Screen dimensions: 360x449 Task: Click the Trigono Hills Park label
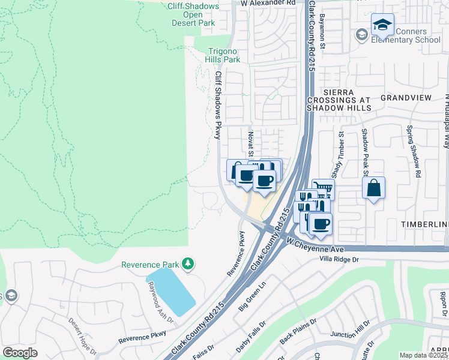(x=223, y=55)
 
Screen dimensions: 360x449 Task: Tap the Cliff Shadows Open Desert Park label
(x=192, y=13)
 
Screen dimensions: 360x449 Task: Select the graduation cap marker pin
(x=382, y=25)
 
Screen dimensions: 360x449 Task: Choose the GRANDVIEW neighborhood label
(x=406, y=97)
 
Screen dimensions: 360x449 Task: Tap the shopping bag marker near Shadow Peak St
(x=374, y=188)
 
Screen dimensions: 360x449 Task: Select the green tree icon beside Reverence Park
(x=188, y=263)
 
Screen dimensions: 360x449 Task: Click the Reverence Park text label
(x=150, y=265)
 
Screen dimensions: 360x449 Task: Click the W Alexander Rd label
(x=268, y=3)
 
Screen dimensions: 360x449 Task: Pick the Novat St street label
(x=251, y=145)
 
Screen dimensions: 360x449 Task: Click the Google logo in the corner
(x=20, y=353)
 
